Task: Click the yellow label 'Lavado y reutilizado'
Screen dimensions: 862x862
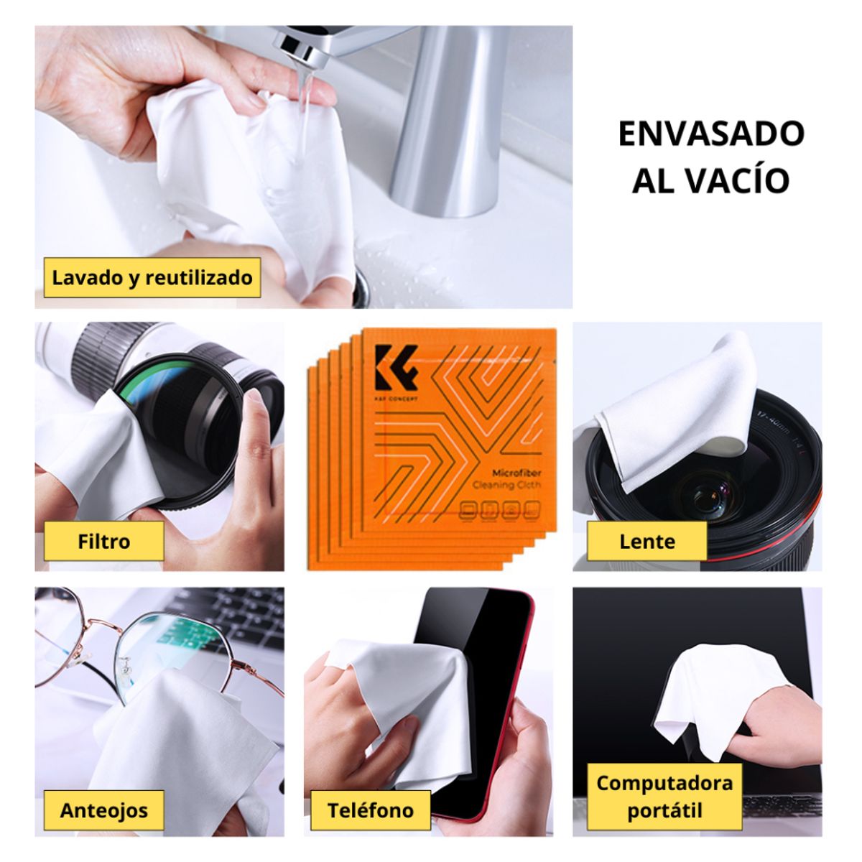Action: (x=152, y=277)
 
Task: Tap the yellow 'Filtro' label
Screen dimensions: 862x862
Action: (x=103, y=541)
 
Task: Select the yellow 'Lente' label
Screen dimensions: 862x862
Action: (x=646, y=541)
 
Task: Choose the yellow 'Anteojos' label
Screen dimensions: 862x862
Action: (x=103, y=810)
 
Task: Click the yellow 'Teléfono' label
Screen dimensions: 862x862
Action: (x=370, y=810)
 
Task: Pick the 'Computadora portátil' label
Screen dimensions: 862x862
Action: (x=664, y=796)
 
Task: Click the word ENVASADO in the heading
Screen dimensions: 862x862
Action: (x=710, y=134)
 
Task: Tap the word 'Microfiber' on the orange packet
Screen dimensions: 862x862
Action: (x=516, y=473)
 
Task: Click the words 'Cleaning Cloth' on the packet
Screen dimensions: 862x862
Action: (x=506, y=486)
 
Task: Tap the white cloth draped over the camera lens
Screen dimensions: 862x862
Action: (x=675, y=409)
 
